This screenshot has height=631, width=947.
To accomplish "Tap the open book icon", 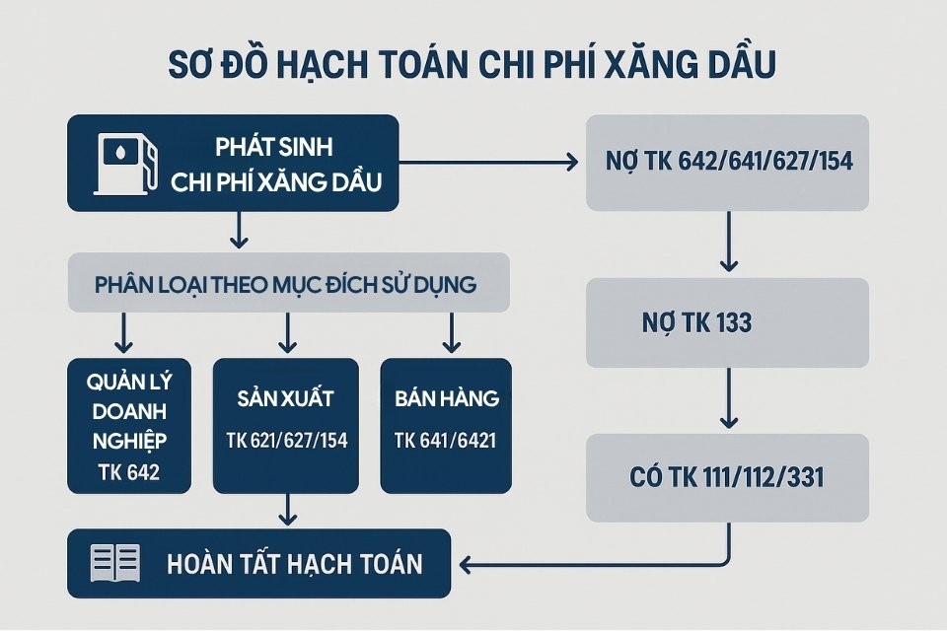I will [x=114, y=563].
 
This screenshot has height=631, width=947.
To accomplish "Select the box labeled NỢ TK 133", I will [x=727, y=322].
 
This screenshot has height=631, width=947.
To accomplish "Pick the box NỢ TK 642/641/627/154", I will [x=727, y=163].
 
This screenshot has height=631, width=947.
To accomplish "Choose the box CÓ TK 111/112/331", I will [x=727, y=478].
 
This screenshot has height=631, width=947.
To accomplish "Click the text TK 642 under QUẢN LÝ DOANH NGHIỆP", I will [x=128, y=473].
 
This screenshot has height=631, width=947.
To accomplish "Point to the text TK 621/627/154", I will [x=286, y=440].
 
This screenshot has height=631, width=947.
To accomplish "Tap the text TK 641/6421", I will [x=446, y=440].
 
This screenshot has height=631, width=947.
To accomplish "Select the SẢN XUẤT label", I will [x=286, y=399].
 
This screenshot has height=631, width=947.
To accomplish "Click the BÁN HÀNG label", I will [x=446, y=399].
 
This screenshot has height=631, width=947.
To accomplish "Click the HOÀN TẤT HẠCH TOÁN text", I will [x=295, y=564].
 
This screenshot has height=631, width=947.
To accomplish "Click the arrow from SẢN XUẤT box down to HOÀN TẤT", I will [x=287, y=510].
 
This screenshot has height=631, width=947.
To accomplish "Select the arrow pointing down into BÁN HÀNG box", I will [x=450, y=333].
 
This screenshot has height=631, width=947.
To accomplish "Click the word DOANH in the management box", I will [x=128, y=409].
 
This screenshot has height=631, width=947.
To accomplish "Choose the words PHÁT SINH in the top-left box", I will [x=274, y=148].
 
